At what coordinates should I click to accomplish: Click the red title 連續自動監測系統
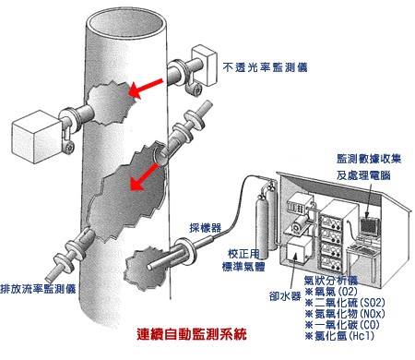(x=192, y=334)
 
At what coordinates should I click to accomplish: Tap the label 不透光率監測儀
(x=265, y=67)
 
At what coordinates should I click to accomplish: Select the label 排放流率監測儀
(x=38, y=289)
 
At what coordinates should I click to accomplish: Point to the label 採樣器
(x=206, y=227)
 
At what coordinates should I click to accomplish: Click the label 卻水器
(x=285, y=296)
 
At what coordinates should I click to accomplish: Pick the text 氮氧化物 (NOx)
(x=350, y=314)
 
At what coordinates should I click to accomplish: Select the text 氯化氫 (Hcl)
(x=344, y=335)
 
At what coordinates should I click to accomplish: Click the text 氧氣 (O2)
(x=336, y=292)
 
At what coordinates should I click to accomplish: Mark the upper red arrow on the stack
(x=146, y=88)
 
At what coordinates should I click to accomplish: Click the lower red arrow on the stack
(x=143, y=177)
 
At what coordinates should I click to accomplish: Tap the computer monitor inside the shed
(x=369, y=228)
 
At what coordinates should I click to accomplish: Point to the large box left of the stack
(x=37, y=137)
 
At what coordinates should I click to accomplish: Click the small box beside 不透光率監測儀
(x=204, y=64)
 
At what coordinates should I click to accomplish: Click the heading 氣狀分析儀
(x=331, y=281)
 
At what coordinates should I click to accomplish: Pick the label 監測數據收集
(x=369, y=159)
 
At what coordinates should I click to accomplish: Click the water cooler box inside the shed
(x=298, y=250)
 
